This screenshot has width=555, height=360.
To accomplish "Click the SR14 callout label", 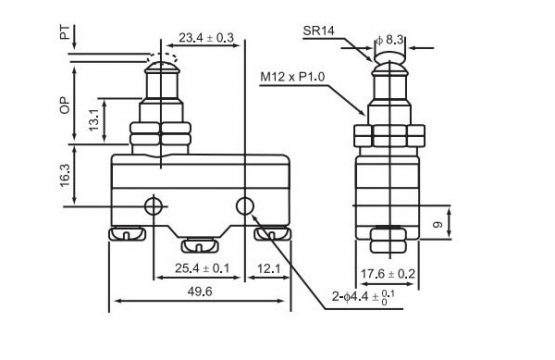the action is point(318,31).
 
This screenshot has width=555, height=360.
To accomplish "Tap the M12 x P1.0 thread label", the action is point(292,77).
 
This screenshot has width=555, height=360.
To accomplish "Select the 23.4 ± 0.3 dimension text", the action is point(206,38).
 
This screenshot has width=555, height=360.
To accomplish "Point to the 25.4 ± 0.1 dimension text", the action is point(202,268).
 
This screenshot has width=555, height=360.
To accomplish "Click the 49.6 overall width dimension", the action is point(200,291).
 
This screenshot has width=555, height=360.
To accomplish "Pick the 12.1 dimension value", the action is point(269,269).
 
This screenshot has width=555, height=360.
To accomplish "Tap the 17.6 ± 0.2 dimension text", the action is point(388,274).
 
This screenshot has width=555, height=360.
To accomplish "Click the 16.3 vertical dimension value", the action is point(65,176).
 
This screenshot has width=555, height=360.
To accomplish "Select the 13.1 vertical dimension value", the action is point(94,120).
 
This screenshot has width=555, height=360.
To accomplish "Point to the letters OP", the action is point(65,105).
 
